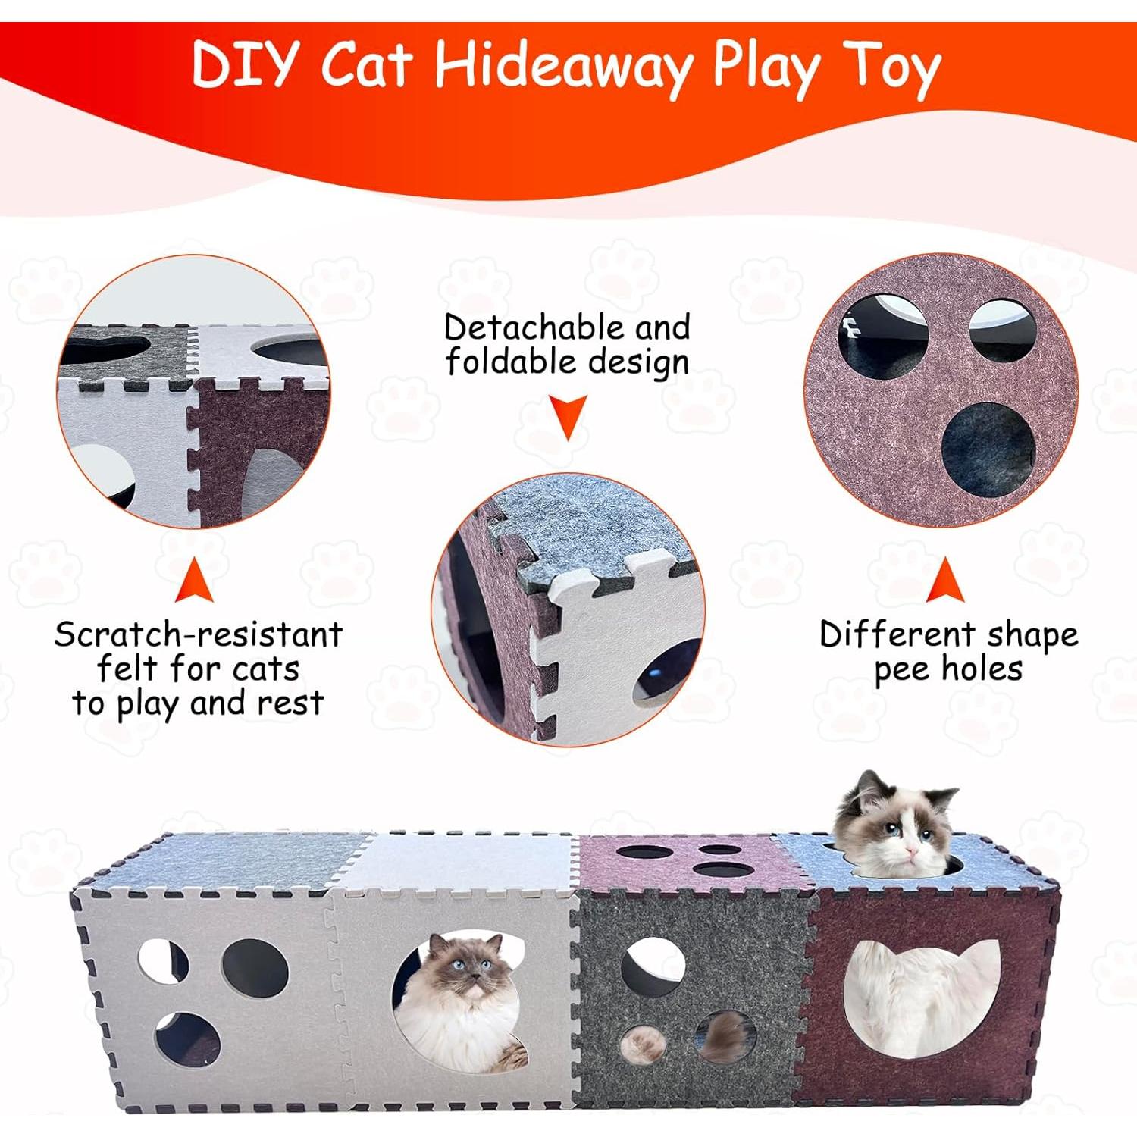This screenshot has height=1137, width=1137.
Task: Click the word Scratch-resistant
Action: point(199,634)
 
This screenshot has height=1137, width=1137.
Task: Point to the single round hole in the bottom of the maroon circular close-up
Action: point(988,447)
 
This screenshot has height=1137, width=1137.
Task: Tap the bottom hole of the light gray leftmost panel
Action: point(187,1038)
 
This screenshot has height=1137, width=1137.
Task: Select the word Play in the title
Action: point(766,68)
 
